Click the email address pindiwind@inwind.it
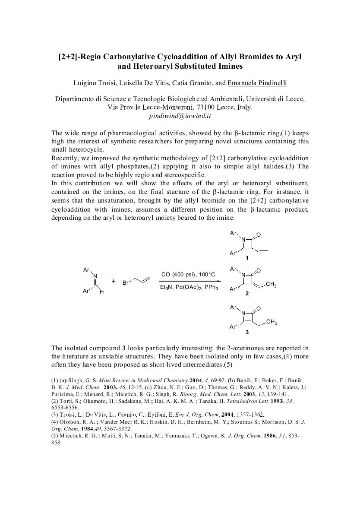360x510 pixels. point(180,116)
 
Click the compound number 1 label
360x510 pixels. point(247,258)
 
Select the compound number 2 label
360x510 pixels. point(247,293)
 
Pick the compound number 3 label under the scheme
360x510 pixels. point(247,332)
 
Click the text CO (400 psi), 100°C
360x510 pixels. point(188,275)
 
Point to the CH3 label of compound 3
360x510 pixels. point(272,322)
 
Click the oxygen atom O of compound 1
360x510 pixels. point(259,235)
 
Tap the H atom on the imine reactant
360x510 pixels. point(102,292)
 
